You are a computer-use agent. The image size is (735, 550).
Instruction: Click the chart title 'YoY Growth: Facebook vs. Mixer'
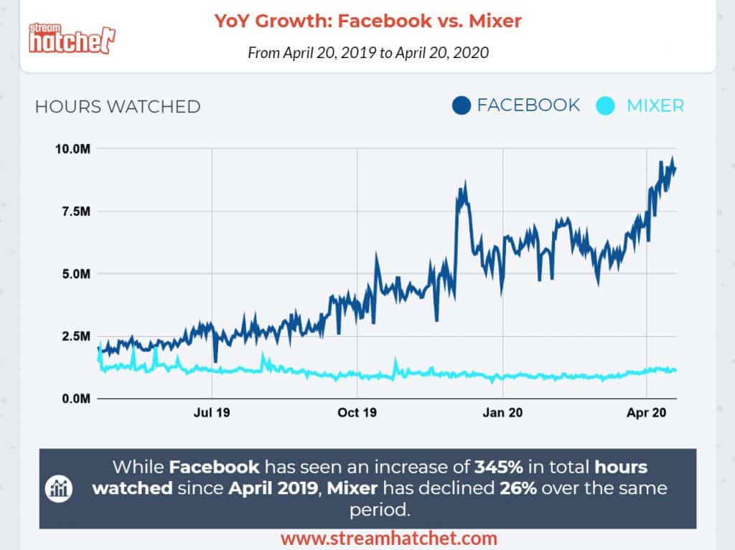(367, 21)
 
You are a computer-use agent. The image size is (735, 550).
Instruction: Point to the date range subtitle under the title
(367, 53)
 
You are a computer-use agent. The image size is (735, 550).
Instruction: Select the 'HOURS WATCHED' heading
(118, 107)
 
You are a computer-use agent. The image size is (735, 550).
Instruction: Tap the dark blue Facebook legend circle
(461, 106)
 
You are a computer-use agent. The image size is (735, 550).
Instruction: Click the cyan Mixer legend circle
(606, 106)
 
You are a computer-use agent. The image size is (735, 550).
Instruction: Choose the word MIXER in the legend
(655, 106)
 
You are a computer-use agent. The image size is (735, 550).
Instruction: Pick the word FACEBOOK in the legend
(528, 105)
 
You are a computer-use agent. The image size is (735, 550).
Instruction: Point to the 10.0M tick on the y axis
(72, 148)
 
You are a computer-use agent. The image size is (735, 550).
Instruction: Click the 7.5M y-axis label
(75, 212)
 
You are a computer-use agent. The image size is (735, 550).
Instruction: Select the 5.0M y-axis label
(75, 273)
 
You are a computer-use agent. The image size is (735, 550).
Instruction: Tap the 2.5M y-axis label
(75, 336)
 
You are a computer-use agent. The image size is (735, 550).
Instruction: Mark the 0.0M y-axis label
(75, 398)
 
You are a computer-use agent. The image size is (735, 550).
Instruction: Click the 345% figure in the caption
(494, 468)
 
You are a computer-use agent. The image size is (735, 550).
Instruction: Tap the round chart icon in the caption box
(57, 488)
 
